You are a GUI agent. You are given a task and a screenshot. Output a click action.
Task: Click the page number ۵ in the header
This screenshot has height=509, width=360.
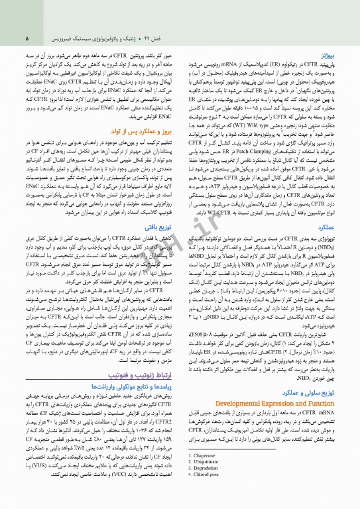[27, 38]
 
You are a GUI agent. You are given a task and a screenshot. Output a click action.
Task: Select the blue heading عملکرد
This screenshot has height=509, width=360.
[326, 227]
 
